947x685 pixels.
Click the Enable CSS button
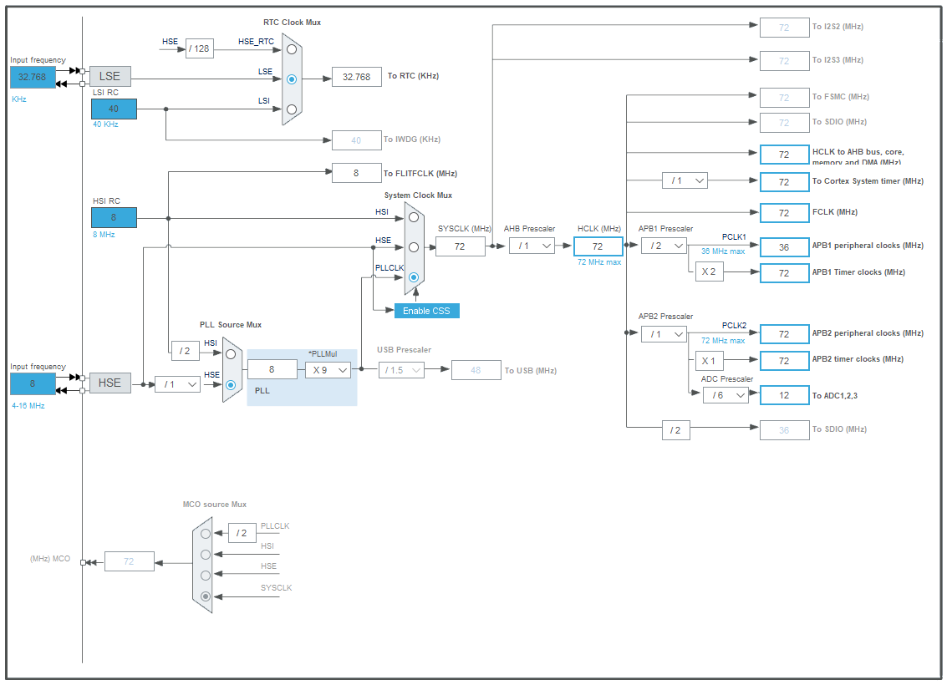click(427, 311)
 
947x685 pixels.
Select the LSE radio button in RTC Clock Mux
click(291, 79)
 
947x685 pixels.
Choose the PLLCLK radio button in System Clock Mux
click(413, 277)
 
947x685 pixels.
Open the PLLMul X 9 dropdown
click(328, 369)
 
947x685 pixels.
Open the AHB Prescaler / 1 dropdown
click(532, 246)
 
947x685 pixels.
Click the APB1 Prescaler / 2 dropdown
click(664, 246)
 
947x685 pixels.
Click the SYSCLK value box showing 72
click(460, 246)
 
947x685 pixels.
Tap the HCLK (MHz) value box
click(598, 246)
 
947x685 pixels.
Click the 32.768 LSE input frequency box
click(33, 77)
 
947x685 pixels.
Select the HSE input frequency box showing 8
click(33, 383)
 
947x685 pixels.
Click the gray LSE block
click(109, 77)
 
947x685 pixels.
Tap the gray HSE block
click(109, 383)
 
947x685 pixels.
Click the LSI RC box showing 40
click(114, 109)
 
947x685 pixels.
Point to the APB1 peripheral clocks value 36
click(784, 246)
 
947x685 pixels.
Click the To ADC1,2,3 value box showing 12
click(784, 395)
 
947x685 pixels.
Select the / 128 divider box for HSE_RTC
click(199, 48)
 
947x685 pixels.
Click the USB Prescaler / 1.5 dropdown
click(401, 369)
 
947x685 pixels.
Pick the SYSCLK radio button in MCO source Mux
click(206, 596)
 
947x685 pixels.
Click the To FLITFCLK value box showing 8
click(356, 173)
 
